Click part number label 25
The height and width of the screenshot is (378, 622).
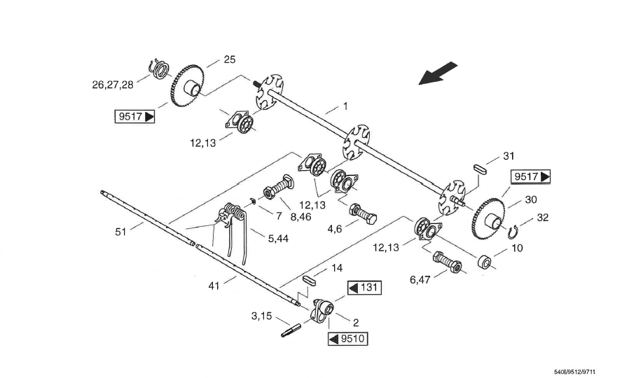pyautogui.click(x=229, y=59)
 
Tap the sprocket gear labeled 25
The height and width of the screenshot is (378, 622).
pyautogui.click(x=186, y=85)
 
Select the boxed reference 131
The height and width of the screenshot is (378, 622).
pyautogui.click(x=364, y=288)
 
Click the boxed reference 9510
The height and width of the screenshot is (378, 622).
pyautogui.click(x=347, y=339)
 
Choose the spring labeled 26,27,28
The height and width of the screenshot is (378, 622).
pyautogui.click(x=159, y=69)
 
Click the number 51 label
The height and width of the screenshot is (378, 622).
pyautogui.click(x=122, y=230)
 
